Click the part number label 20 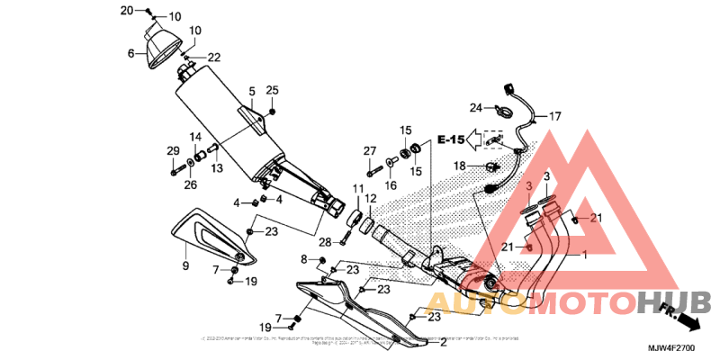click(127, 10)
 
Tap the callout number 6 click(130, 54)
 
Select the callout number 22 click(213, 58)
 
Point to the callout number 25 click(272, 90)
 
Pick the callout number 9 click(185, 266)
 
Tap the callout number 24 click(475, 108)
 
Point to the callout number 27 click(369, 150)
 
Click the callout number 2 click(443, 343)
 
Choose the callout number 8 click(304, 259)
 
